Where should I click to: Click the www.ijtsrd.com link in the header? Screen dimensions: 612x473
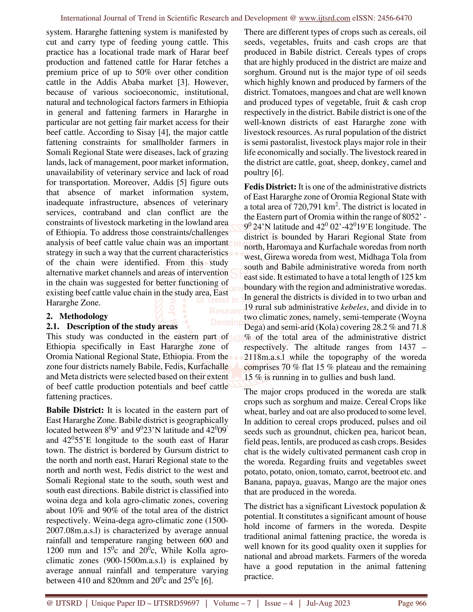pos(324,18)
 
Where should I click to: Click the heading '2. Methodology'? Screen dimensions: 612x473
pos(77,316)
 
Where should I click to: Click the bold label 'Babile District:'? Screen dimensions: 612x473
pos(75,410)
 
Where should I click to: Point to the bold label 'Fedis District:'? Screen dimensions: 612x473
pos(270,187)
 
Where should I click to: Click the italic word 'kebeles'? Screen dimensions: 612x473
pos(354,307)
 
